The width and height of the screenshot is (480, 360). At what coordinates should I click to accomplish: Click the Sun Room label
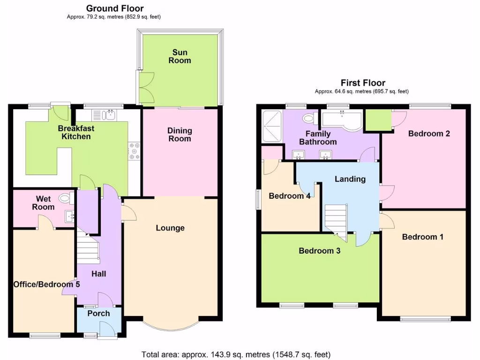[x=181, y=56]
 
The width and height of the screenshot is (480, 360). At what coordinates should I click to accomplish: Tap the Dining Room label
[x=179, y=135]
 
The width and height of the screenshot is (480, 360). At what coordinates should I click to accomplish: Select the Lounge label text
[x=170, y=228]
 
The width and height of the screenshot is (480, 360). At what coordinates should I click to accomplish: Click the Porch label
[x=98, y=313]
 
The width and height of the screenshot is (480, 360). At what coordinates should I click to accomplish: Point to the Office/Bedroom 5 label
[x=43, y=285]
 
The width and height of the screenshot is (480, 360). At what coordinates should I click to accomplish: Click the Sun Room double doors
[x=144, y=88]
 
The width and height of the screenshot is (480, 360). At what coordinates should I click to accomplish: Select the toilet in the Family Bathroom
[x=310, y=118]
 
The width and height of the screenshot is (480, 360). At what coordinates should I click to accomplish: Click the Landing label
[x=350, y=179]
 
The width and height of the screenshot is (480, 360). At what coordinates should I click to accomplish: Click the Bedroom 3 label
[x=320, y=251]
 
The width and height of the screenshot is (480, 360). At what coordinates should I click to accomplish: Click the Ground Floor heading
[x=115, y=8]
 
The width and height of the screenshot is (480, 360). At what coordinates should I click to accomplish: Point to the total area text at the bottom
[x=236, y=354]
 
